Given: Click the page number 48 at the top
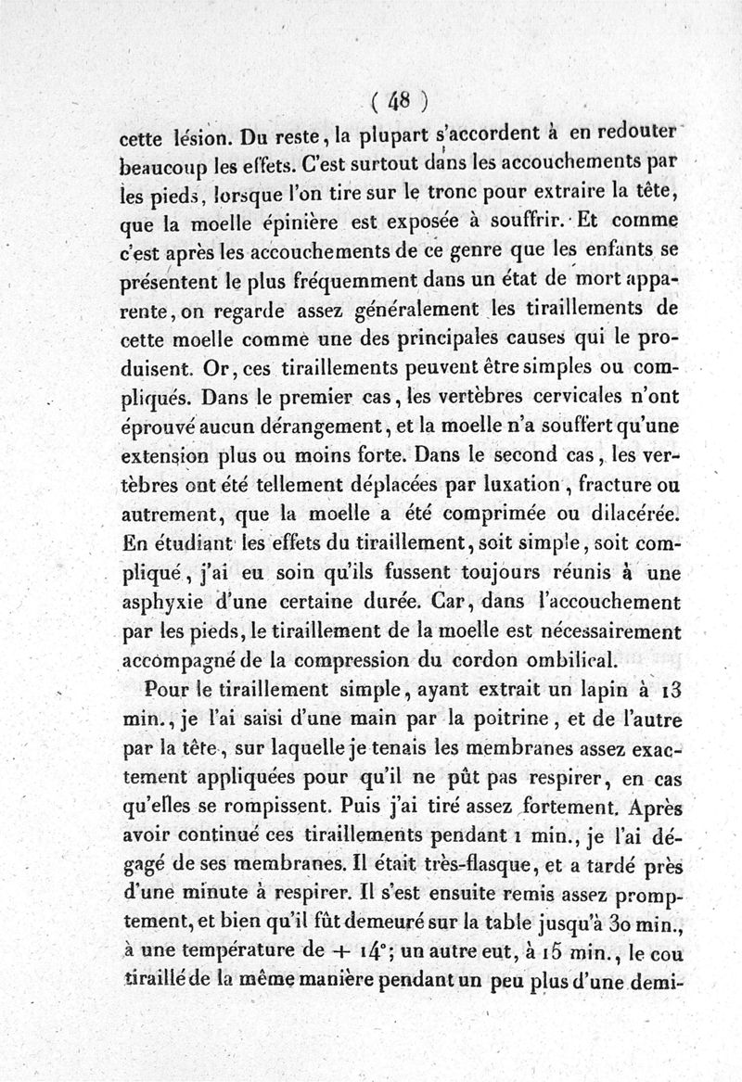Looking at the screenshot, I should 400,97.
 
